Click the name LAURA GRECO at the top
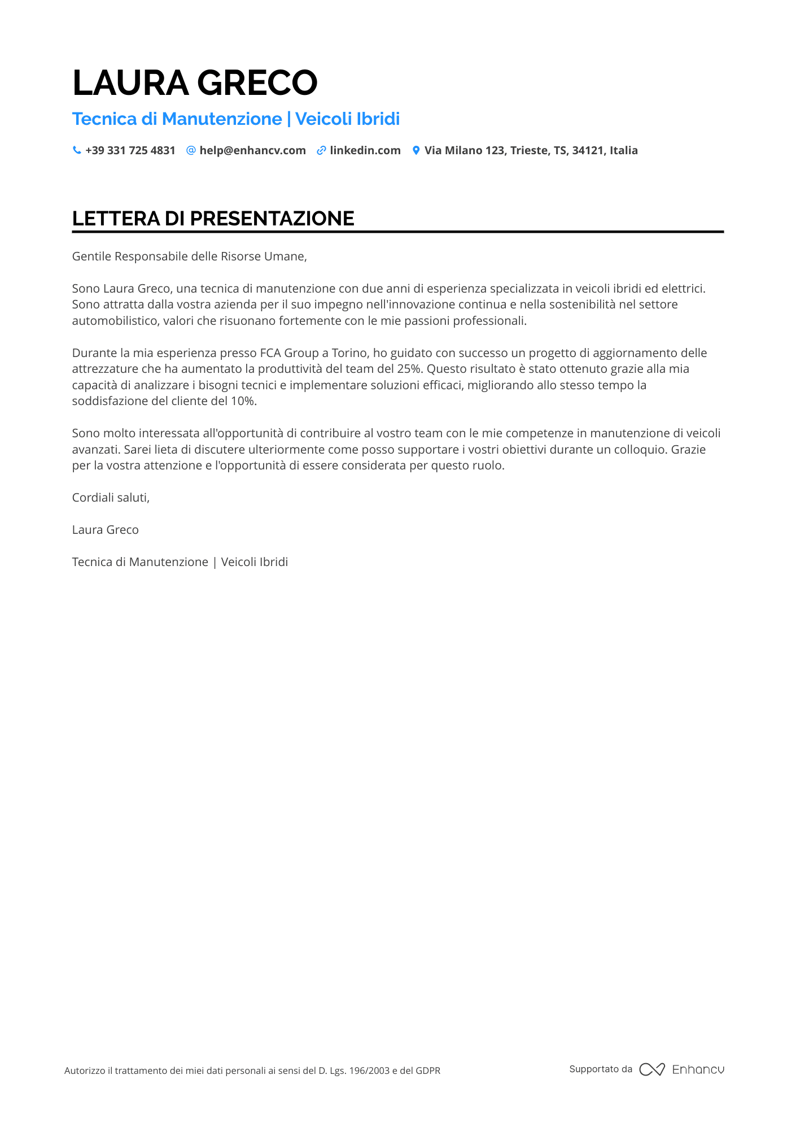tap(195, 82)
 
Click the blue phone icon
tap(77, 150)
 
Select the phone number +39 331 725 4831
tap(130, 150)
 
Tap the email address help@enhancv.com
tap(252, 150)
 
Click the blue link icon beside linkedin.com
tap(321, 150)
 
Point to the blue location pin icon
tap(416, 150)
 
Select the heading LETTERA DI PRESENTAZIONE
tap(213, 219)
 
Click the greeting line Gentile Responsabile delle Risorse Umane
tap(189, 256)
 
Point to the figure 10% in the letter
tap(243, 401)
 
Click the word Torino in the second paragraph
tap(349, 353)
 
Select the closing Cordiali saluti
tap(111, 498)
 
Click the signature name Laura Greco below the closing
tap(105, 530)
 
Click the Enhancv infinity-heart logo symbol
tap(651, 1069)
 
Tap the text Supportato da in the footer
tap(601, 1069)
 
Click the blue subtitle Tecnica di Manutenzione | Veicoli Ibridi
tap(236, 119)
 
